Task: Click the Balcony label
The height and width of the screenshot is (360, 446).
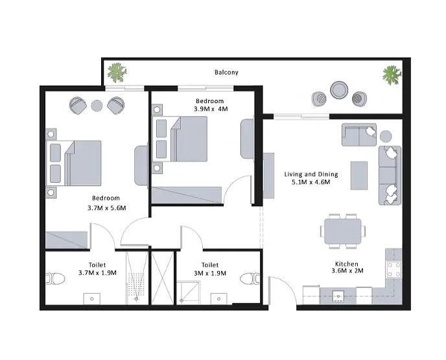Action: click(226, 72)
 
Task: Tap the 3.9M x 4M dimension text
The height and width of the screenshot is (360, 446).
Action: click(211, 109)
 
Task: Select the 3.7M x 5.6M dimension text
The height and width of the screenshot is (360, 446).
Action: click(107, 208)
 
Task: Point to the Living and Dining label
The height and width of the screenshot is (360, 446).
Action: click(311, 174)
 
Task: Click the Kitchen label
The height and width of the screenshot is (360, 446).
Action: click(346, 264)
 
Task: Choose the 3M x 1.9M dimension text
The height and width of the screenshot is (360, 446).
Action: click(210, 273)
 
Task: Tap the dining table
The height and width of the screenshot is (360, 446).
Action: click(343, 231)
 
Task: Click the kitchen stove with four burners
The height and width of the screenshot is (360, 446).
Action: click(394, 269)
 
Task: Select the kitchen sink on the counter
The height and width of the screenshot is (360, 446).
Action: click(338, 296)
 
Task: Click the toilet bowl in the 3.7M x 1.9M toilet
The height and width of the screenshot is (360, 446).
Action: click(56, 279)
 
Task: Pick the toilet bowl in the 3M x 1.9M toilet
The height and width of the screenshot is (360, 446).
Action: click(250, 279)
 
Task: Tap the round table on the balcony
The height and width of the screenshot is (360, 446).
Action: click(339, 90)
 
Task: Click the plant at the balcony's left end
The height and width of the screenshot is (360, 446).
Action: click(117, 73)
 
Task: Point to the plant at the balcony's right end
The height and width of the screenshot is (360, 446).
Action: click(392, 75)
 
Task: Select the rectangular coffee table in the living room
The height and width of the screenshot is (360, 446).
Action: click(359, 176)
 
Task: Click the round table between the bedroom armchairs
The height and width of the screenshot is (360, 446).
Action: click(97, 106)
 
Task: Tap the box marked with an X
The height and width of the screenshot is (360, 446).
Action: click(163, 278)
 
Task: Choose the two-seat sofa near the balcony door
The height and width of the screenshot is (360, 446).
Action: click(359, 135)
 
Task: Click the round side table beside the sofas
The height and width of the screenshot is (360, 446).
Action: click(386, 136)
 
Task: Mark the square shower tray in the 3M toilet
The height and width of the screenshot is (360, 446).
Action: click(188, 293)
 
